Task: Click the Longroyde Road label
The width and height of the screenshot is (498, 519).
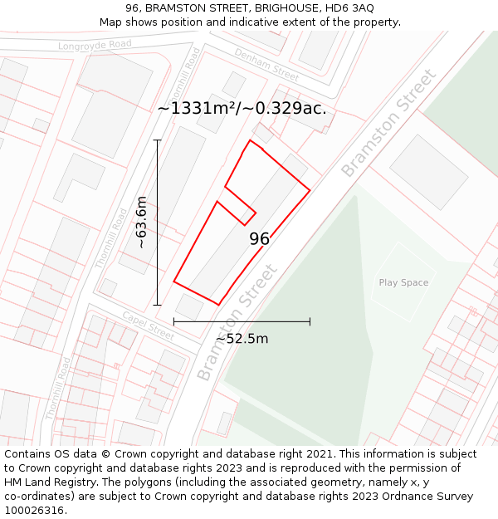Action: [95, 44]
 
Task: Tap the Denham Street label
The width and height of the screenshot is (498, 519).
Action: [266, 64]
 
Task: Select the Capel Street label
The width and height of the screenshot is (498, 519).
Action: [148, 326]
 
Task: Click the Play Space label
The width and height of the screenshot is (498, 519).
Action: [403, 282]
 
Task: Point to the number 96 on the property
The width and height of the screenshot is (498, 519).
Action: [260, 239]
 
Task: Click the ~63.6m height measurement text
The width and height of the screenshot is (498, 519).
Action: [142, 222]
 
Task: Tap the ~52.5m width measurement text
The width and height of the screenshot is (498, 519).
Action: [242, 338]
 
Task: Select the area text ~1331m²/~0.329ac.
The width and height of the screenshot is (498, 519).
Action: [242, 108]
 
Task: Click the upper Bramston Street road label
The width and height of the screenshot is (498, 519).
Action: [388, 123]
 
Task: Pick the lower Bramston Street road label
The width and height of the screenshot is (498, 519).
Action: [237, 322]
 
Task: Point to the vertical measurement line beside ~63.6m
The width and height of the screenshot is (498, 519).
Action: [158, 222]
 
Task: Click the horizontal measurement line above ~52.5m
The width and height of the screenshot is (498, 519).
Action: [242, 321]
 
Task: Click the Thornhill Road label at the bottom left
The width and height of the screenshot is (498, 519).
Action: [59, 387]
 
